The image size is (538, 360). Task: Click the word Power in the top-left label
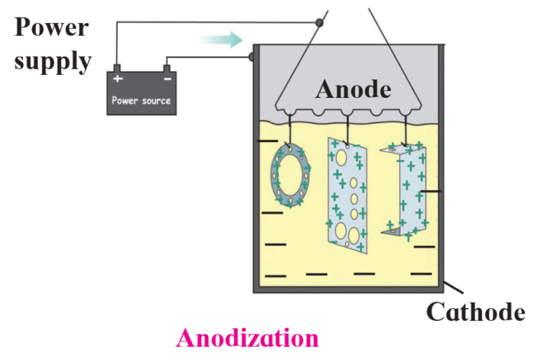(x=51, y=27)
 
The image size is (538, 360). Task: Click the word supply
(x=53, y=61)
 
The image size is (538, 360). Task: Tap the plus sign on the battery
(x=118, y=78)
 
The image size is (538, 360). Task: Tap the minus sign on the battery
(x=167, y=79)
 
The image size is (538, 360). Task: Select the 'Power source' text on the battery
(x=141, y=101)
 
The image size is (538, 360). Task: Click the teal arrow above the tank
(x=220, y=39)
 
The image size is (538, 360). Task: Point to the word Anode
(x=353, y=89)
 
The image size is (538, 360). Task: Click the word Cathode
(x=476, y=312)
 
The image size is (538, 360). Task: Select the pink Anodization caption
(x=247, y=338)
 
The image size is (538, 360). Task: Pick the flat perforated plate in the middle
(x=347, y=195)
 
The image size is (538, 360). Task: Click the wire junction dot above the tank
(x=319, y=23)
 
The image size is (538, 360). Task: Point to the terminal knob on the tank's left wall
(x=251, y=56)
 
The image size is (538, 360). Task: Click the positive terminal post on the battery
(x=117, y=68)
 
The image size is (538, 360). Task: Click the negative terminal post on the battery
(x=167, y=69)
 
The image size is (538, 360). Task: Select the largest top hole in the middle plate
(x=341, y=157)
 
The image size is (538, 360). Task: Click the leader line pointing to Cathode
(x=453, y=287)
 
